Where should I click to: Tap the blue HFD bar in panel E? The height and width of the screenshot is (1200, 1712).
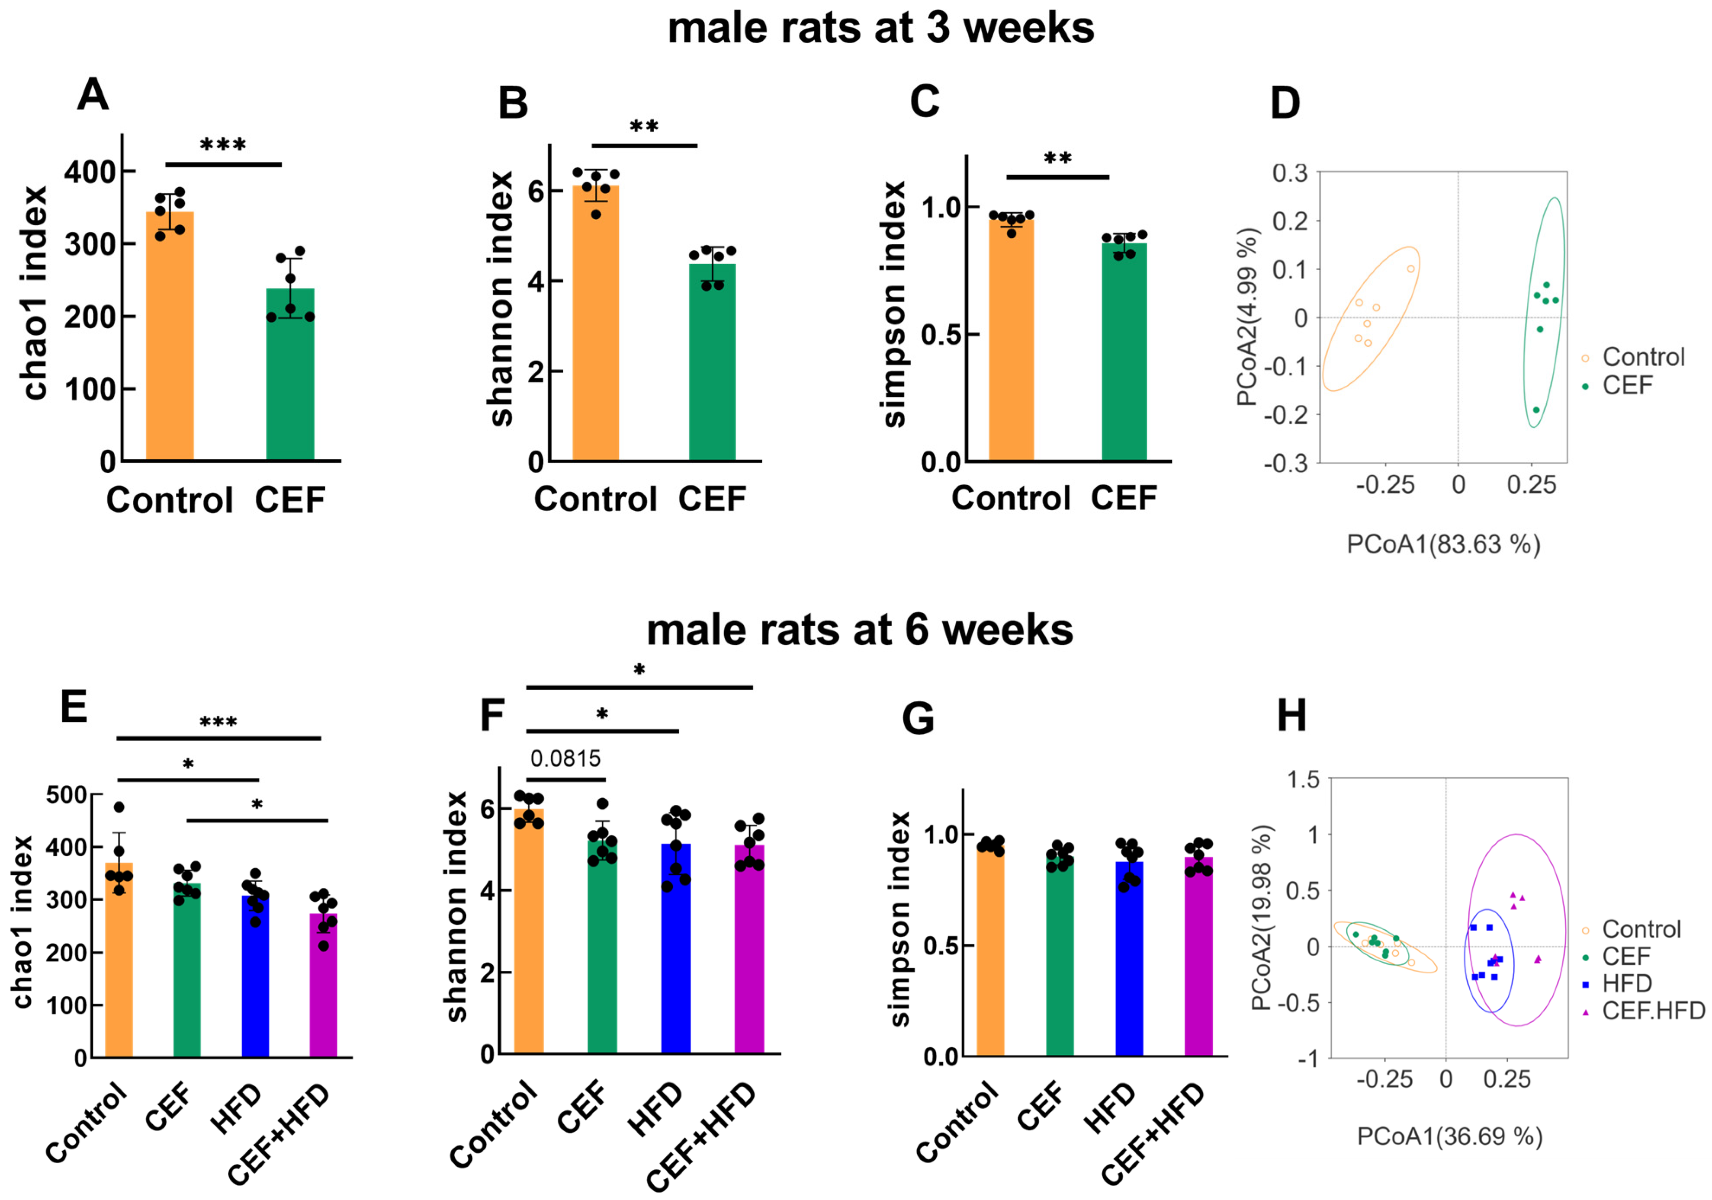point(255,976)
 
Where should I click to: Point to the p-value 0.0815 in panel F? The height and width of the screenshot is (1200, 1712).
point(565,759)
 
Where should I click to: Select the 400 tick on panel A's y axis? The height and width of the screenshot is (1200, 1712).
point(90,172)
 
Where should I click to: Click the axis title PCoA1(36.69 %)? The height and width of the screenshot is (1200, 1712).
point(1449,1136)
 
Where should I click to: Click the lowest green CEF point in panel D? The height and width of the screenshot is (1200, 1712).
point(1536,410)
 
